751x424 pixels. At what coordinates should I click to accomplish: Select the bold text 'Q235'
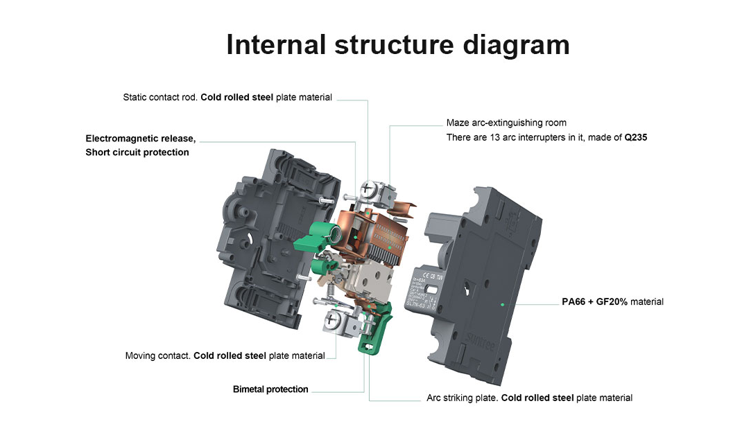(x=635, y=138)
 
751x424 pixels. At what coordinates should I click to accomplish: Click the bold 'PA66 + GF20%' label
(x=594, y=302)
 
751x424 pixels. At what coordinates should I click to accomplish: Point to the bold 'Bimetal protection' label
(x=270, y=389)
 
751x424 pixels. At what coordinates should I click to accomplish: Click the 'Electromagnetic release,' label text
(x=141, y=138)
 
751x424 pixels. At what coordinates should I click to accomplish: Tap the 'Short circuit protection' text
(x=137, y=152)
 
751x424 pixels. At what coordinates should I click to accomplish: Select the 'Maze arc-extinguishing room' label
(x=506, y=123)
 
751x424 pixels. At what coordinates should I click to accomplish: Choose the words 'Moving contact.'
(x=158, y=356)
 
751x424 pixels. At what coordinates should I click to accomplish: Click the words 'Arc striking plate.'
(x=463, y=398)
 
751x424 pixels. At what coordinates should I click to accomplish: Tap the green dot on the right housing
(x=501, y=304)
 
